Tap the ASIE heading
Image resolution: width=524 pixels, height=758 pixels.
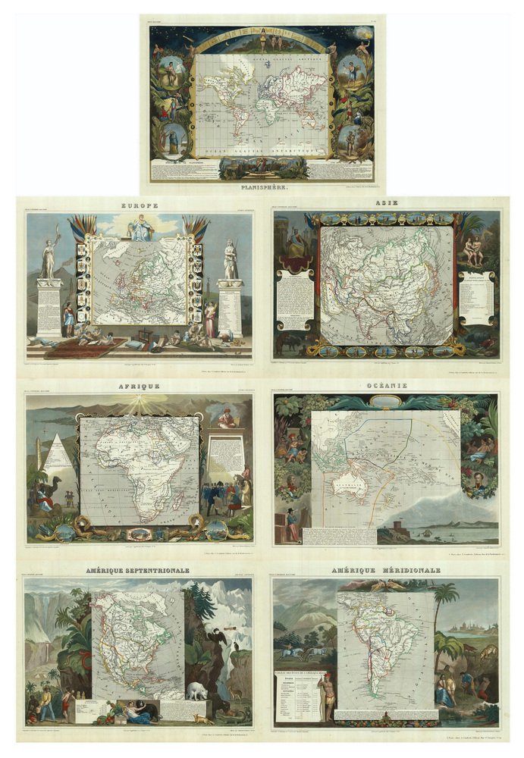(x=385, y=203)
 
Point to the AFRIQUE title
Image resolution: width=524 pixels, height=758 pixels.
(x=140, y=386)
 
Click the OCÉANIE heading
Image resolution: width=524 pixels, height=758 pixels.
(x=385, y=386)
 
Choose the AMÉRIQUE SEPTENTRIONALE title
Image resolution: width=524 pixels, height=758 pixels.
(x=139, y=570)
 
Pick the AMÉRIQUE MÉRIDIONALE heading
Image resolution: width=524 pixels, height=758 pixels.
(x=385, y=570)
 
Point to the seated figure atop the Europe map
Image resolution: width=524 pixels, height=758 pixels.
(x=140, y=228)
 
